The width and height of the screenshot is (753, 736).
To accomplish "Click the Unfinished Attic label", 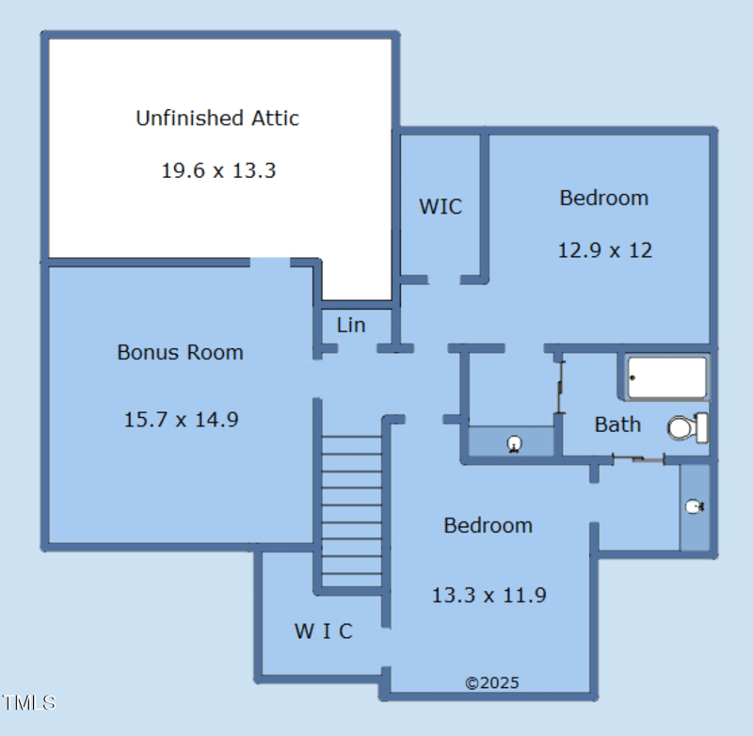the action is tap(217, 118).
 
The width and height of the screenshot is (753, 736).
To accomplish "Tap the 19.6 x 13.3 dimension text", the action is tap(218, 170).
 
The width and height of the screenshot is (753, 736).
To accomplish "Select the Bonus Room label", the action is tap(180, 352).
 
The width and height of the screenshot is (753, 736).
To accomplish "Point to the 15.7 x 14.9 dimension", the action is tap(181, 420).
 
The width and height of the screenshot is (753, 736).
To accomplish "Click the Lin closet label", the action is tap(351, 325).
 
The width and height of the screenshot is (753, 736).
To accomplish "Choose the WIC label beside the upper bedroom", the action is tap(441, 206).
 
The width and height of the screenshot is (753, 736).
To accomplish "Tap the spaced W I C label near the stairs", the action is tap(323, 631).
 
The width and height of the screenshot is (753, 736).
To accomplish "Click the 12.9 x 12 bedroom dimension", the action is tap(605, 250).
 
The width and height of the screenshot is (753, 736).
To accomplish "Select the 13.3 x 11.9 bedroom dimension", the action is tap(489, 596).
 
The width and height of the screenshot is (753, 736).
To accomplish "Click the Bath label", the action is tap(617, 424).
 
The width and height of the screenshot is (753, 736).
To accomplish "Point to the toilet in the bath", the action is tap(688, 427).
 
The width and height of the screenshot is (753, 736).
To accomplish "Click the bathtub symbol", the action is tap(667, 377).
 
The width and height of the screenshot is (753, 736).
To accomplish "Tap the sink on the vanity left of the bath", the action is tap(514, 443).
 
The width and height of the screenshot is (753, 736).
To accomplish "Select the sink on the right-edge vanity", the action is tap(695, 506).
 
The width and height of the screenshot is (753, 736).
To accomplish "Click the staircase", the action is tap(351, 511).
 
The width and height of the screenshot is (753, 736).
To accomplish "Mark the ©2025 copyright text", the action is tap(492, 682).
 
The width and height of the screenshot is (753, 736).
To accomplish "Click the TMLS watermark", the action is tap(29, 703).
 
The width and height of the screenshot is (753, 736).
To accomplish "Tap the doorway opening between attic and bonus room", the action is tap(270, 263).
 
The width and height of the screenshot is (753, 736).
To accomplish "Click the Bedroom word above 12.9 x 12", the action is tap(604, 198).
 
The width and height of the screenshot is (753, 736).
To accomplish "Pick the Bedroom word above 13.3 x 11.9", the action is tap(488, 525).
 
